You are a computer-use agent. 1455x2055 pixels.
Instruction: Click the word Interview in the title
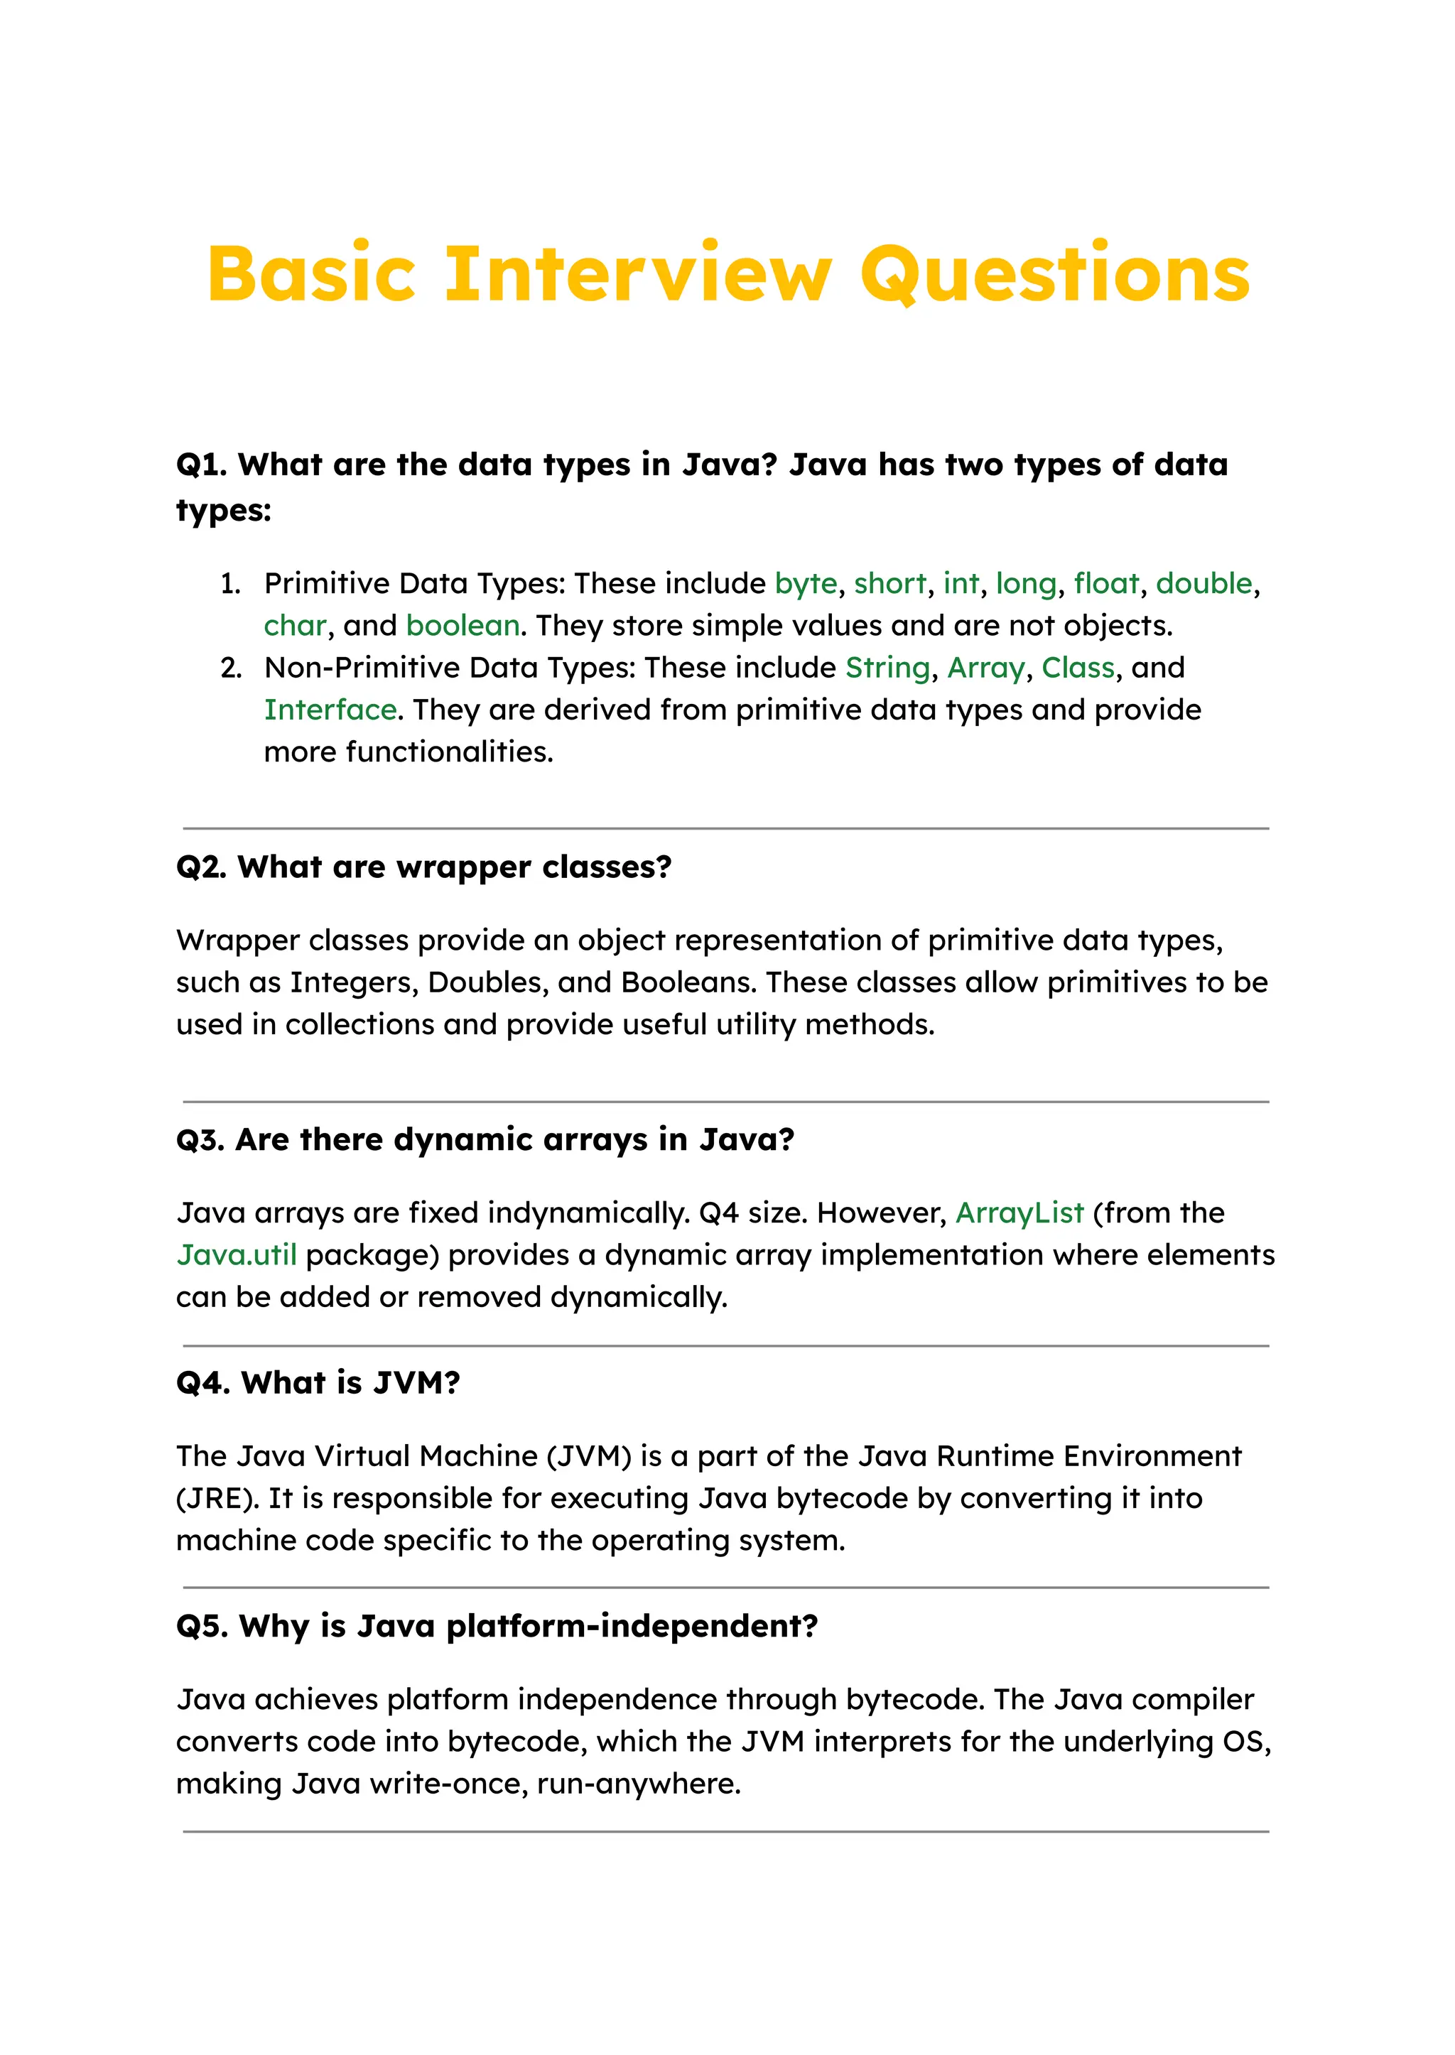click(x=638, y=273)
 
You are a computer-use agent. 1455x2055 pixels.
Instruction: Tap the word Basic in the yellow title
click(x=311, y=273)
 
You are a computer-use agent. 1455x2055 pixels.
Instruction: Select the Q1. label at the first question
click(x=202, y=465)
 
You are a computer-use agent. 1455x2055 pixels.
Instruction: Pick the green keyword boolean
click(x=463, y=625)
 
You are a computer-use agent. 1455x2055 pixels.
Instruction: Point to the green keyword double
click(x=1204, y=584)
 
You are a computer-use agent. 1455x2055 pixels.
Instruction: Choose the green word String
click(x=887, y=668)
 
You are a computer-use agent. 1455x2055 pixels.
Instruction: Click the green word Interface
click(x=330, y=710)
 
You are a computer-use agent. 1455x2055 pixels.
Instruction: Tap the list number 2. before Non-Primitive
click(x=231, y=668)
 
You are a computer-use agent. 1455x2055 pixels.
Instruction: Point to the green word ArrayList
click(x=1019, y=1213)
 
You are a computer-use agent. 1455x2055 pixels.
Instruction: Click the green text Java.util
click(x=237, y=1255)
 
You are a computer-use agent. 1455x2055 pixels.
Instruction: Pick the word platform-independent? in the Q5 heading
click(x=632, y=1626)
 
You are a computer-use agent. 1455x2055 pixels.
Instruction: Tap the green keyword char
click(x=295, y=625)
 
